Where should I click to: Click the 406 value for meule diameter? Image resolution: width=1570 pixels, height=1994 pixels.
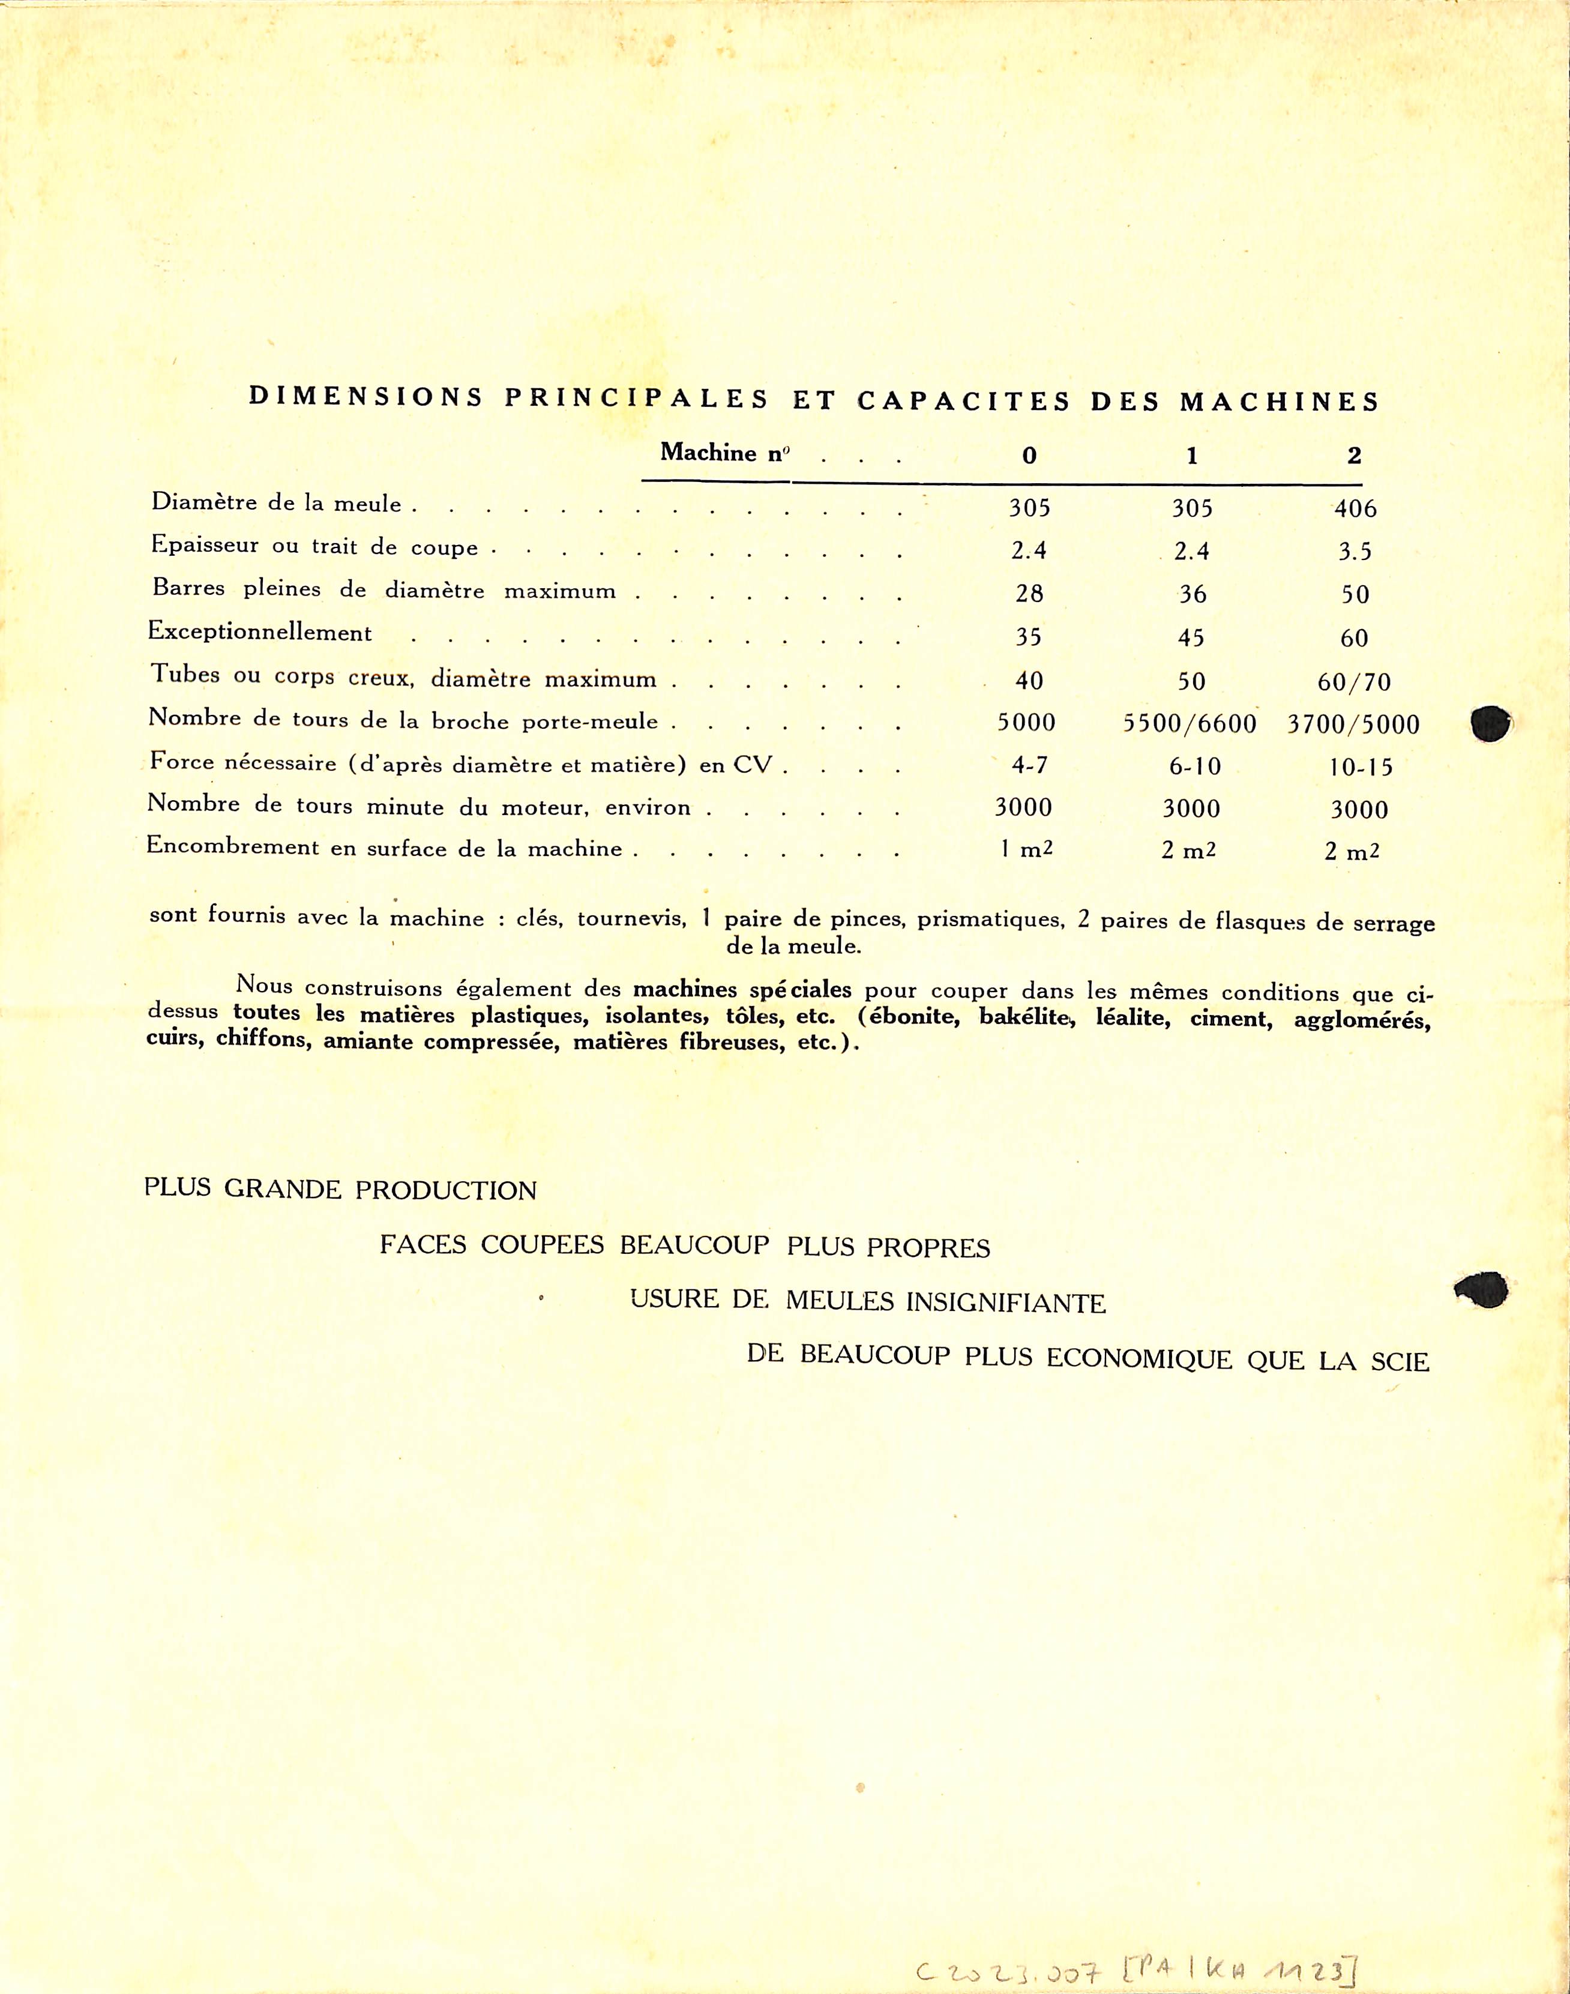1355,508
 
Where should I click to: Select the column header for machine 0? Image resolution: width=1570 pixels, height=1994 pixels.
1029,455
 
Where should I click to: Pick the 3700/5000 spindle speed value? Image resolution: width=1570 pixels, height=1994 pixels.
1353,724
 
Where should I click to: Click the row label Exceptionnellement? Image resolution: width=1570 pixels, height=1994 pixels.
260,633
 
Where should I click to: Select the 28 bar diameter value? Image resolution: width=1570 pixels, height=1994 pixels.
1029,594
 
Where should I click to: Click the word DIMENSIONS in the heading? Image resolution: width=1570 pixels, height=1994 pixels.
366,397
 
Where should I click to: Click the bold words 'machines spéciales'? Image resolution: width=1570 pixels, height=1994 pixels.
742,990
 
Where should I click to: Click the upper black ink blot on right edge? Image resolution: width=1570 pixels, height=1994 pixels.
1490,723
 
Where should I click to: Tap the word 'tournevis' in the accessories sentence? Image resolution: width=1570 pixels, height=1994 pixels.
631,918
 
